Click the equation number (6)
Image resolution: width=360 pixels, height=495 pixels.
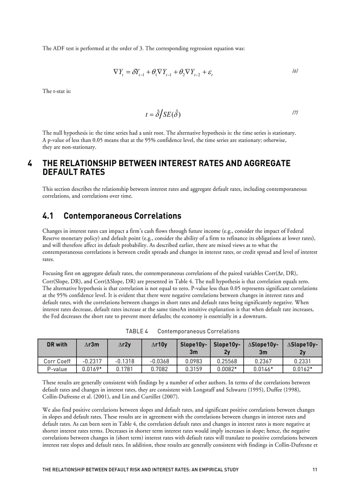click(x=295, y=71)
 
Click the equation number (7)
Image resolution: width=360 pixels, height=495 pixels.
click(x=295, y=113)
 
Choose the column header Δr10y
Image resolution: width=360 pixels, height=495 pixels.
click(x=160, y=344)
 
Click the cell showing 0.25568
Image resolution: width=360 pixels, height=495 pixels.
click(x=228, y=361)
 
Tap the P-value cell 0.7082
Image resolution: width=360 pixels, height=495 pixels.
click(x=160, y=369)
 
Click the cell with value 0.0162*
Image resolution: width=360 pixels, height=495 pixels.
click(x=303, y=369)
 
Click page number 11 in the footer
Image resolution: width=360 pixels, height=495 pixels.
click(x=315, y=470)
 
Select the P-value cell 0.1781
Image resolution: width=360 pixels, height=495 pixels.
click(x=127, y=369)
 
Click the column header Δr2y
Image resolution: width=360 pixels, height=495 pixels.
click(x=127, y=344)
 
